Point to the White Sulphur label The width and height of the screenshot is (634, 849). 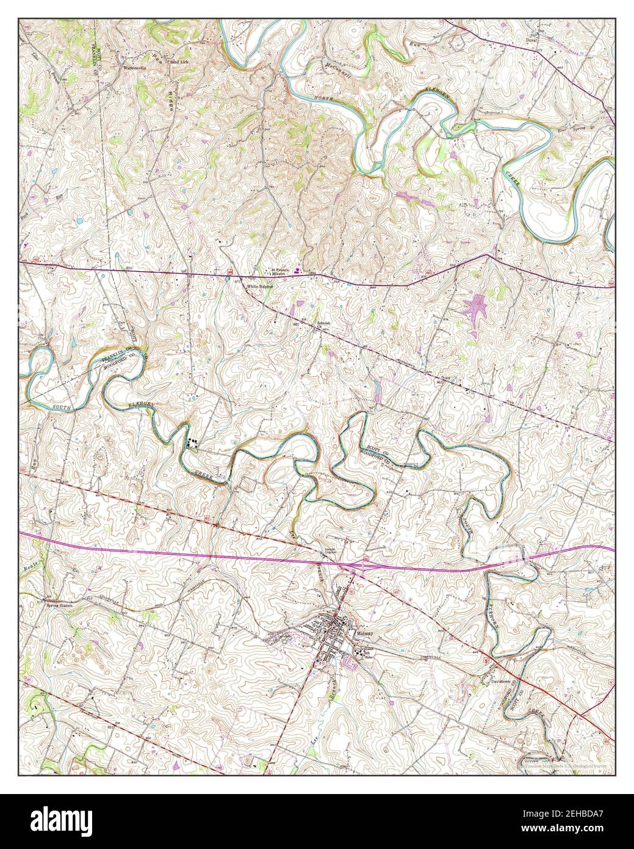[x=258, y=286]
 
